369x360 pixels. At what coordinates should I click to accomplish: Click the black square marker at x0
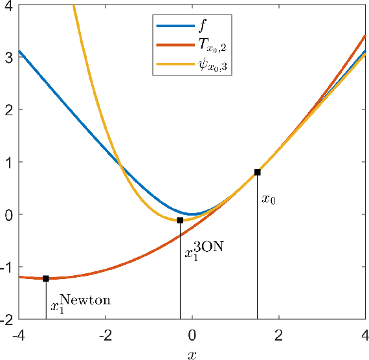coord(257,172)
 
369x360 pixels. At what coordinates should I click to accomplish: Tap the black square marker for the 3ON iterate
coord(180,220)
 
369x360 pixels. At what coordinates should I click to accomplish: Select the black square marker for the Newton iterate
coord(46,278)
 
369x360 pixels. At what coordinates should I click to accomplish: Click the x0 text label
coord(269,199)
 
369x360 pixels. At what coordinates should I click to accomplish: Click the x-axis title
coord(192,354)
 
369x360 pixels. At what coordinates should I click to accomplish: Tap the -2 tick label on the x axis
coord(104,337)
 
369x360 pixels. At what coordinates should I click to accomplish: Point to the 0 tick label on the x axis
coord(192,337)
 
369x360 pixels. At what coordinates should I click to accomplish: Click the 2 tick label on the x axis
coord(279,337)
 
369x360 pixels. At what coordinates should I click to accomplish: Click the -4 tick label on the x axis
coord(17,337)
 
